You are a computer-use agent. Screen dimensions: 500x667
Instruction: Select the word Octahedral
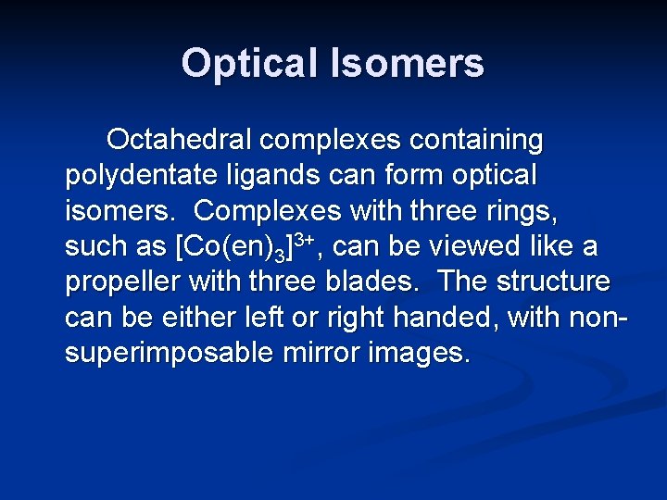pyautogui.click(x=180, y=140)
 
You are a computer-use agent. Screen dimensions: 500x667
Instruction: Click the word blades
pyautogui.click(x=374, y=281)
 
